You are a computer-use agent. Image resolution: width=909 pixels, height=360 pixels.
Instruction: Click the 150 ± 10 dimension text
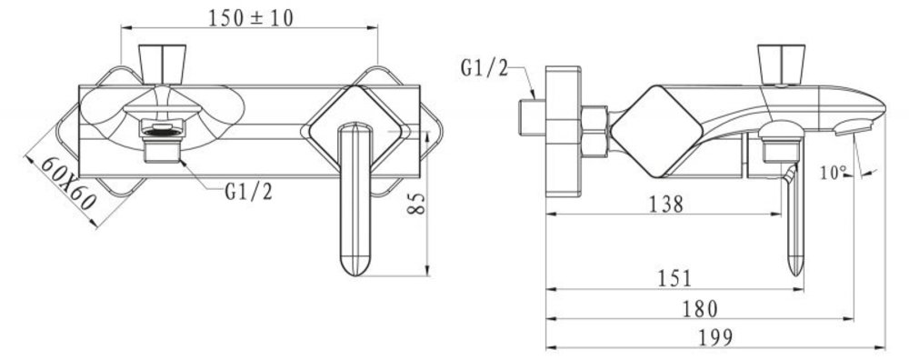[251, 18]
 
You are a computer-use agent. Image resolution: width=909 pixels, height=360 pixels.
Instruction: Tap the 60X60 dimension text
[68, 184]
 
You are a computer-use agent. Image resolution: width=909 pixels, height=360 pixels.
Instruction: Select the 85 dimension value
[416, 204]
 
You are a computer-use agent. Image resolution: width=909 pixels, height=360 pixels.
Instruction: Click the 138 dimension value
[665, 204]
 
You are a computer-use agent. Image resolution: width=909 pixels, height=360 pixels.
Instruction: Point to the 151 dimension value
[674, 279]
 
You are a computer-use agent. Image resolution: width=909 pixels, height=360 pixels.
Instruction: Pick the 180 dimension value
[700, 309]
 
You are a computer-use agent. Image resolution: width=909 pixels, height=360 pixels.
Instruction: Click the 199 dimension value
[714, 338]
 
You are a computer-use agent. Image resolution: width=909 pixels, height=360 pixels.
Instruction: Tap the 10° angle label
[834, 172]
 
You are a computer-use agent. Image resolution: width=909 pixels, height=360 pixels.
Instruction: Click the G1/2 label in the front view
[248, 192]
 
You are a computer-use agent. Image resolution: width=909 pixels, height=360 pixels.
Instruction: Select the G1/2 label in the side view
[484, 68]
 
